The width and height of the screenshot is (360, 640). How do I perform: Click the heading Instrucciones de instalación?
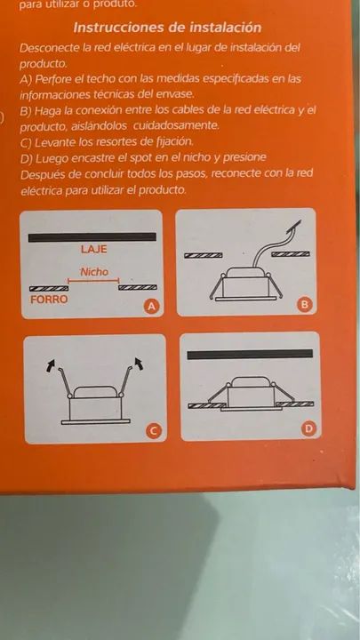pyautogui.click(x=167, y=28)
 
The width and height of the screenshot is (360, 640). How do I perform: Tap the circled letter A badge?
pyautogui.click(x=152, y=306)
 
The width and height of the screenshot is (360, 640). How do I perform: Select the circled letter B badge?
pyautogui.click(x=305, y=305)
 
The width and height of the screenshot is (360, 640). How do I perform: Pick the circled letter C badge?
pyautogui.click(x=154, y=430)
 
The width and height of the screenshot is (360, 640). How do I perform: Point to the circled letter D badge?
pyautogui.click(x=309, y=428)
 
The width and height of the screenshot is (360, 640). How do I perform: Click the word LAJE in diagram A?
pyautogui.click(x=94, y=249)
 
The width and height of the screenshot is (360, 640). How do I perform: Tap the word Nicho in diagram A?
pyautogui.click(x=94, y=271)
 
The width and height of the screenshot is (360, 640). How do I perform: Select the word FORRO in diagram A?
pyautogui.click(x=49, y=300)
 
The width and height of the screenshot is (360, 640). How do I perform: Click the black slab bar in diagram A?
pyautogui.click(x=92, y=237)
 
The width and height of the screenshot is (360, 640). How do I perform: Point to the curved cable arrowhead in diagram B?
pyautogui.click(x=295, y=227)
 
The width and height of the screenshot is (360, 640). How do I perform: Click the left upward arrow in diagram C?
pyautogui.click(x=52, y=365)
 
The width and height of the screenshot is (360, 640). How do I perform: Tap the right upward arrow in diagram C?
pyautogui.click(x=140, y=364)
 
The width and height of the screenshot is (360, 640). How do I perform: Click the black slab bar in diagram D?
pyautogui.click(x=250, y=354)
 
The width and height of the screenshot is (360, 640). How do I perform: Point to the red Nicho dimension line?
pyautogui.click(x=93, y=281)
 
